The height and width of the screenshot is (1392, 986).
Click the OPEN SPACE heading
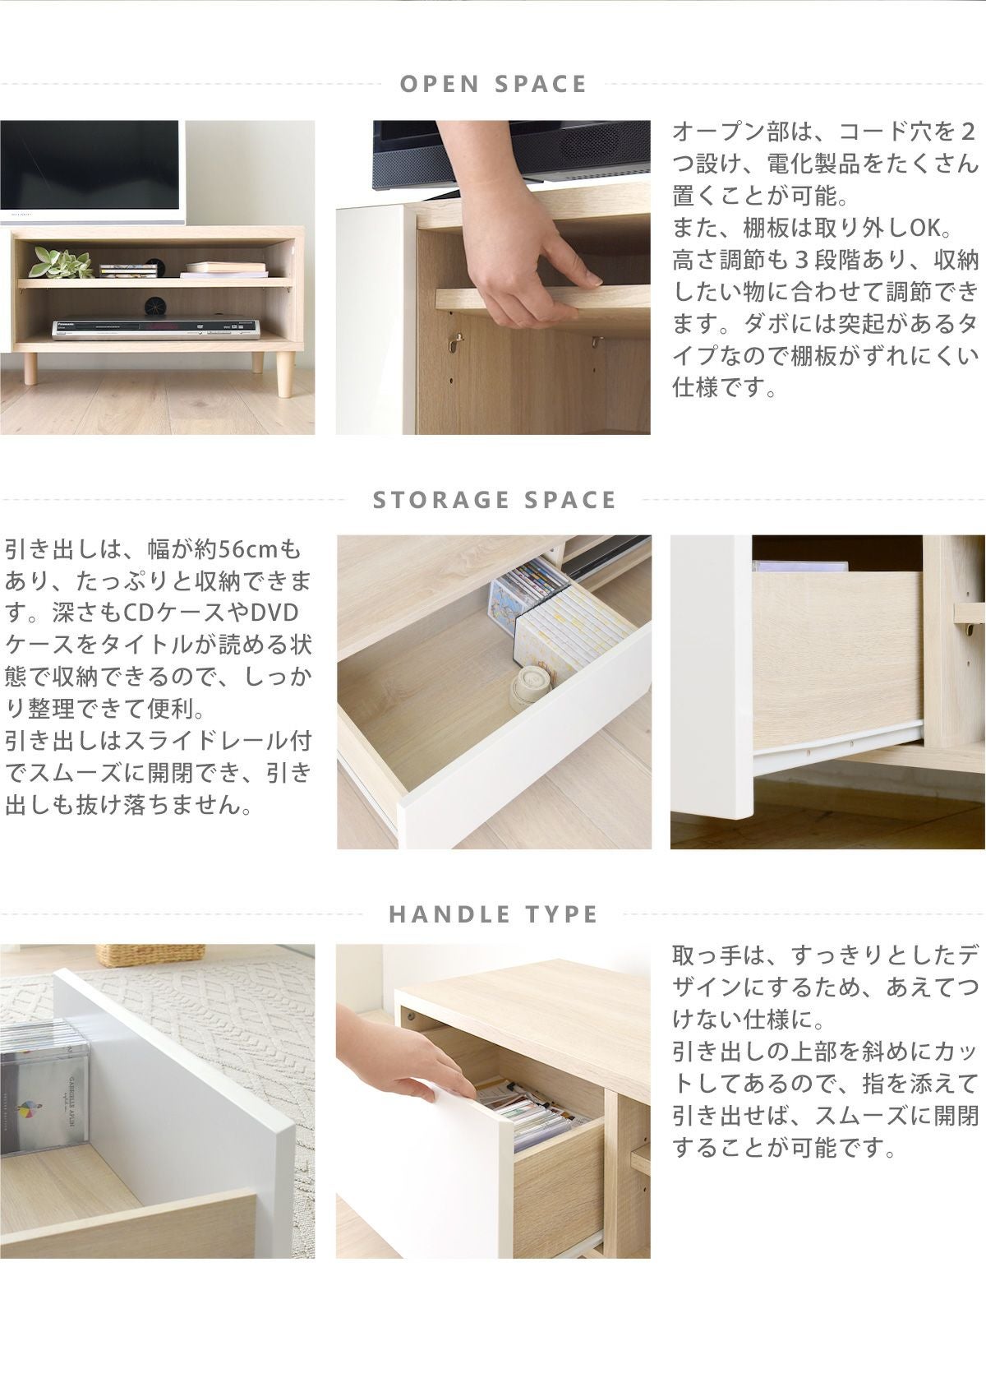coord(493,84)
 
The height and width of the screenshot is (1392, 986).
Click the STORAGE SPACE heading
coord(494,500)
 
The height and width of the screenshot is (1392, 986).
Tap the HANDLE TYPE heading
coord(493,914)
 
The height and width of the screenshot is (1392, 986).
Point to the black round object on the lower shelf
coord(152,305)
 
